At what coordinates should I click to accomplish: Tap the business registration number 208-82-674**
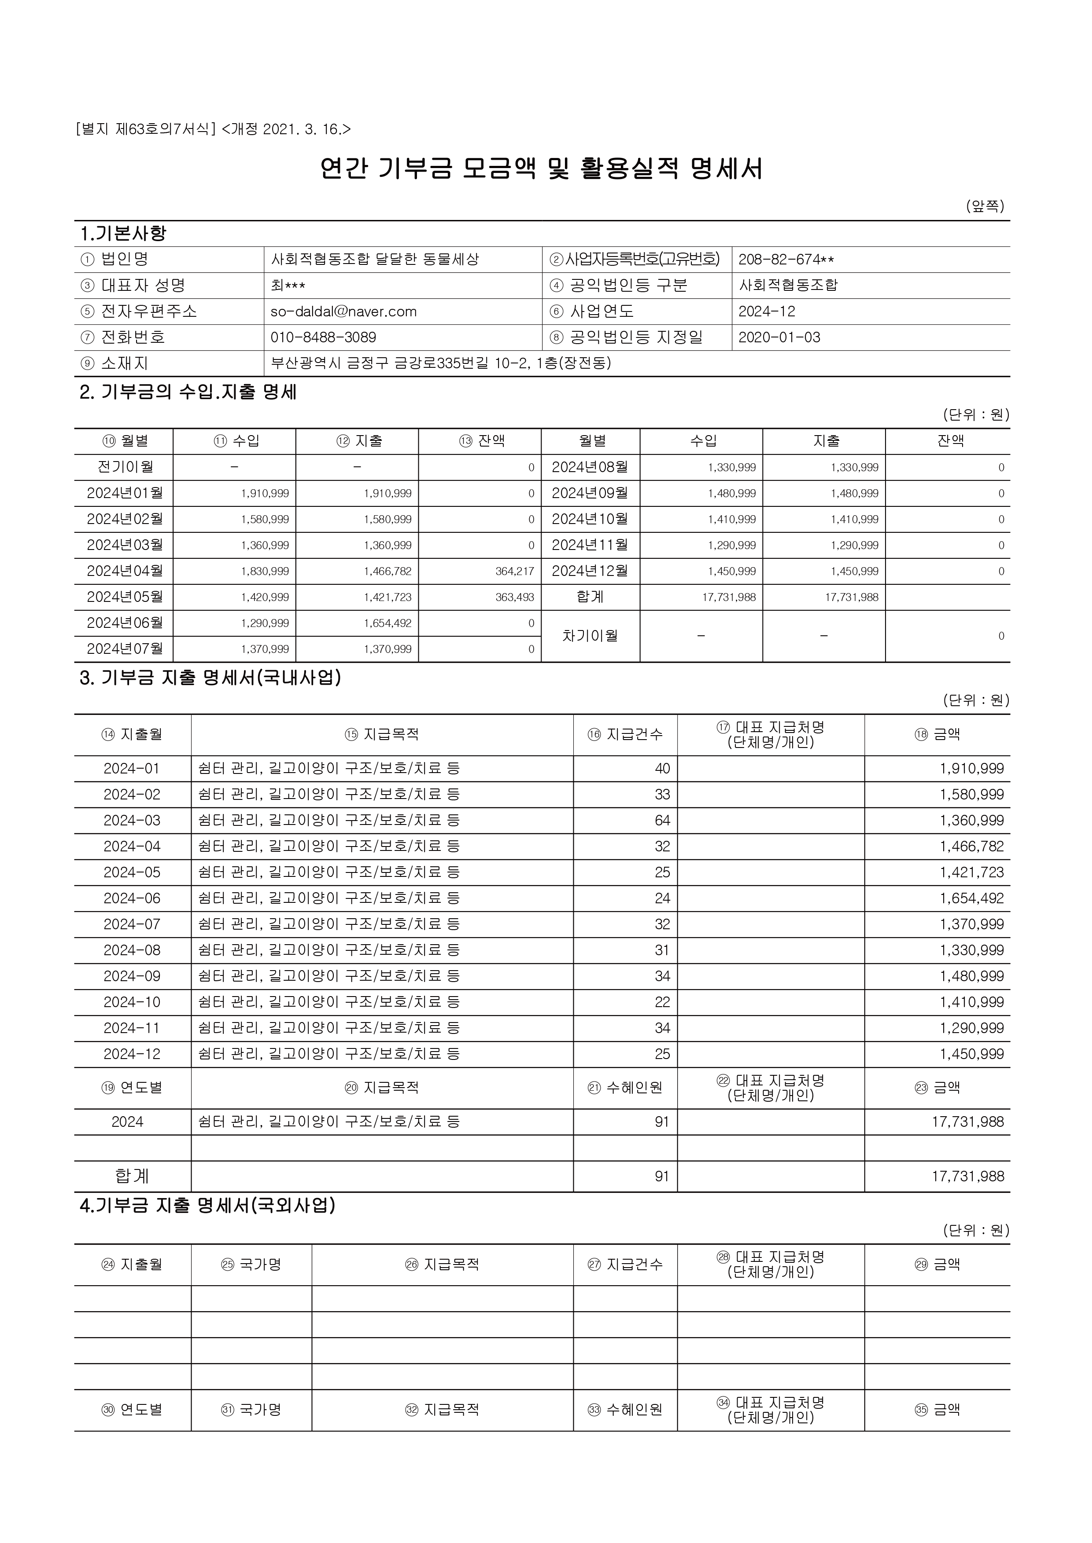786,260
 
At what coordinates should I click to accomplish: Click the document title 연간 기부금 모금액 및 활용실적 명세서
541,169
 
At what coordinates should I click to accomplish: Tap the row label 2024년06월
125,623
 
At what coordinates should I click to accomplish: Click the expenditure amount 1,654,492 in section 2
387,623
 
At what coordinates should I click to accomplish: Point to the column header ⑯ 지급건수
625,734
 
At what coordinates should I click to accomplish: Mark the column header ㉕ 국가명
251,1265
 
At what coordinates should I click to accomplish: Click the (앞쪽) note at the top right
985,206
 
